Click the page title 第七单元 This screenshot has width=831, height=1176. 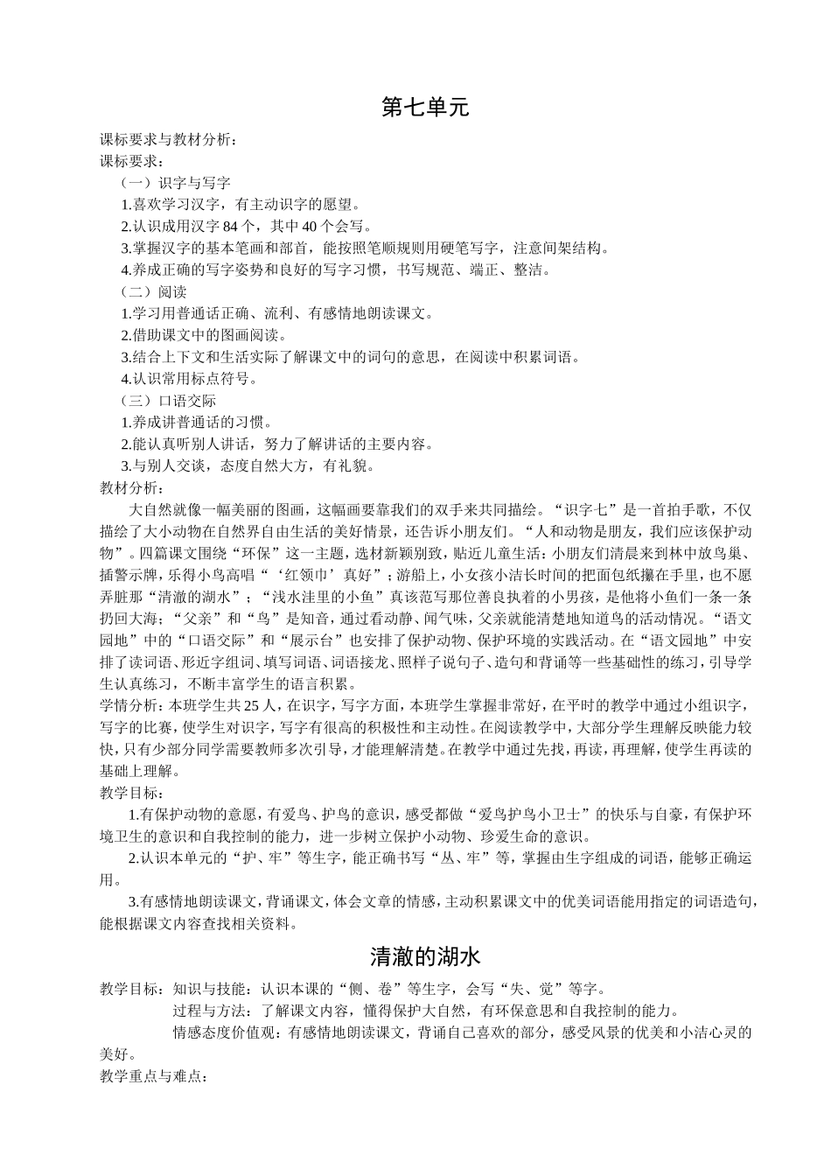pos(426,108)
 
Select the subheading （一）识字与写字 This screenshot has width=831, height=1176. pos(175,184)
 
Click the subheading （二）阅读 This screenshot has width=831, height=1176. pos(153,292)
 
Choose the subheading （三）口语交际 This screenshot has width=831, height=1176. pos(168,401)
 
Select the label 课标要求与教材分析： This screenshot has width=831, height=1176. pos(168,140)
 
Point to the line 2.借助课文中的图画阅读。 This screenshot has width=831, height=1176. pos(212,335)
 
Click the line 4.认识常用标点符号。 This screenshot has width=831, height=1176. pos(190,379)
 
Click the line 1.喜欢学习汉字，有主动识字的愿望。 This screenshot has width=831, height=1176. pos(241,205)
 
